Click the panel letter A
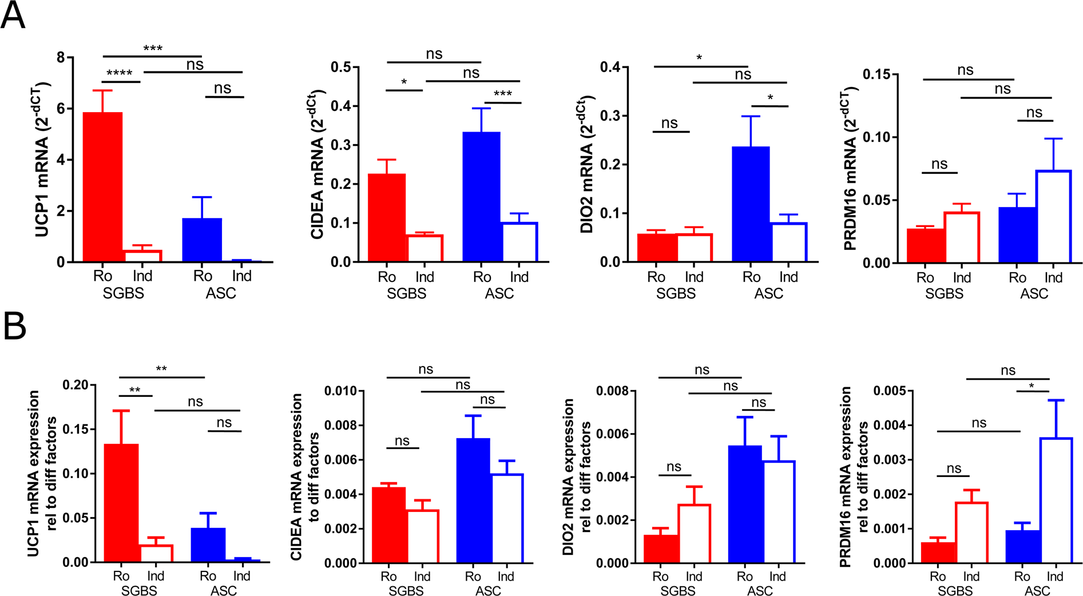click(13, 15)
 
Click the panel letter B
click(14, 327)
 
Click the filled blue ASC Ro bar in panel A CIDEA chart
click(482, 197)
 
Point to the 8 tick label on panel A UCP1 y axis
click(61, 57)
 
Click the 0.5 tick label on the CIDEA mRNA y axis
click(341, 67)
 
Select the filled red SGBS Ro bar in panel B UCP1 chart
click(121, 503)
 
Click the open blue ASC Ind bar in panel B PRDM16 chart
click(1056, 500)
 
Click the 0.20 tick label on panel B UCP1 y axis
click(76, 385)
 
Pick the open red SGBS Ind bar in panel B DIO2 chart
click(694, 533)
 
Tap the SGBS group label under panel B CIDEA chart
click(406, 590)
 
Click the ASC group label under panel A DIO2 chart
click(768, 293)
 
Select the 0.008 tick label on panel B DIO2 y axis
click(612, 391)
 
